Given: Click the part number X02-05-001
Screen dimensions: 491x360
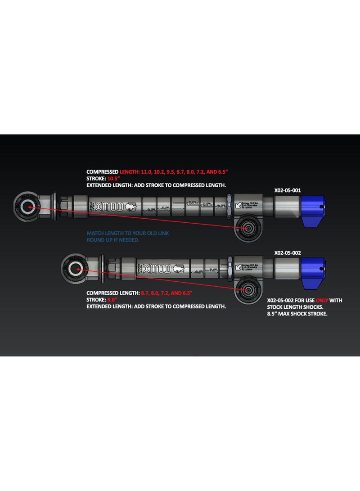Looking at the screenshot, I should click(287, 190).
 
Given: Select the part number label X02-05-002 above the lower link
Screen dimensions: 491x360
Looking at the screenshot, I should click(287, 253).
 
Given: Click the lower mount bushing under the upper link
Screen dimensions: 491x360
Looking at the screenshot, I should click(248, 229).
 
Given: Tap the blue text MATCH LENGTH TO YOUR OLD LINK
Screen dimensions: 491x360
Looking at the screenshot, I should click(128, 233).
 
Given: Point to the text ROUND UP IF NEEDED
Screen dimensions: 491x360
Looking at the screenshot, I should click(112, 240).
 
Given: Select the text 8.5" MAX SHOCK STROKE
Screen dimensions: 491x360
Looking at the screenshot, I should click(297, 313).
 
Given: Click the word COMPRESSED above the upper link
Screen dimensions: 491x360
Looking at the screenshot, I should click(102, 172).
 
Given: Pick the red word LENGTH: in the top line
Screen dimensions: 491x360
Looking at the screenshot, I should click(131, 172).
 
